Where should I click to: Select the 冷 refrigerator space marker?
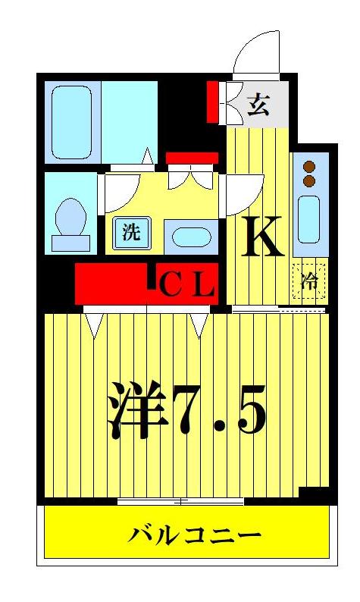(310, 281)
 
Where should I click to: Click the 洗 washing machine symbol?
(132, 233)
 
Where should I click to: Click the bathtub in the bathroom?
(72, 121)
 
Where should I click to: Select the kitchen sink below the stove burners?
(308, 218)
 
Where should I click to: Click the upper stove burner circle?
(309, 168)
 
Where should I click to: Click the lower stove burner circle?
(309, 181)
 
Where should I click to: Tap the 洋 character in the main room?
(137, 410)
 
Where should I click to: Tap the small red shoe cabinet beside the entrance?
(213, 102)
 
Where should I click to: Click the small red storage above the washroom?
(192, 158)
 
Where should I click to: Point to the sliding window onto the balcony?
(180, 501)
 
